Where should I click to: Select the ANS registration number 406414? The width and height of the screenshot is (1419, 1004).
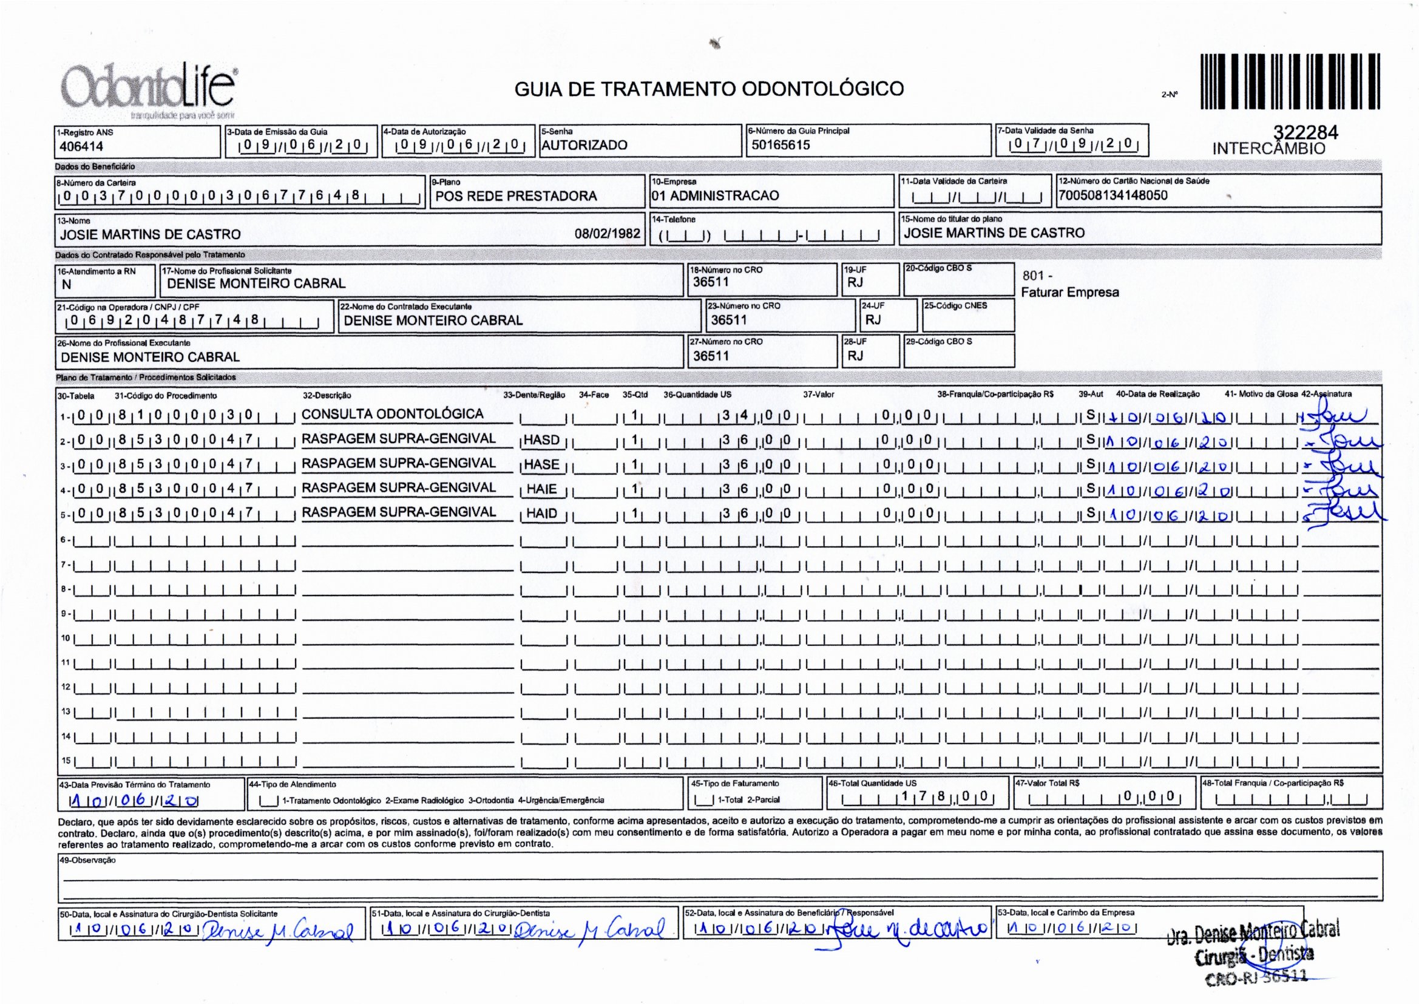[81, 146]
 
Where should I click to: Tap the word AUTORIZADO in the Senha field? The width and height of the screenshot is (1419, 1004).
[584, 145]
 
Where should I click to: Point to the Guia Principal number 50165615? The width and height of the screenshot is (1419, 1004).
[781, 145]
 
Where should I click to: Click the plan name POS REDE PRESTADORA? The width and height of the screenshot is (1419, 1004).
[516, 196]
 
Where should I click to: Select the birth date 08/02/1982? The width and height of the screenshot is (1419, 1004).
[608, 234]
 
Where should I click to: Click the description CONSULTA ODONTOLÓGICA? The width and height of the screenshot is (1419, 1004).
[392, 414]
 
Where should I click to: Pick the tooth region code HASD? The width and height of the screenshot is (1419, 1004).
[541, 440]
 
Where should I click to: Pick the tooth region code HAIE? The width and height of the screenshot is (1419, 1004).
[541, 489]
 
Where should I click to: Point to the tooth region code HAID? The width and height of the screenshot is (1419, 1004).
[541, 513]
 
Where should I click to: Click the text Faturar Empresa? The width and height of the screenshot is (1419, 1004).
[1069, 293]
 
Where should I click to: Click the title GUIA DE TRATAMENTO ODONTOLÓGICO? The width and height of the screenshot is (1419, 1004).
[709, 89]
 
